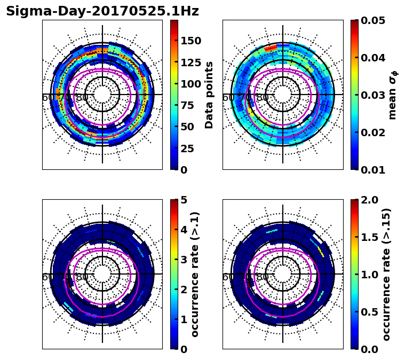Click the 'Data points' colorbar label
209,95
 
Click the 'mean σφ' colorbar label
393,95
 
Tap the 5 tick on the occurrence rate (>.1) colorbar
184,200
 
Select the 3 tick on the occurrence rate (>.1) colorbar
184,260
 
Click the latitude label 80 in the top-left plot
82,98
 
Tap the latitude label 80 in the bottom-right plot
263,277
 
